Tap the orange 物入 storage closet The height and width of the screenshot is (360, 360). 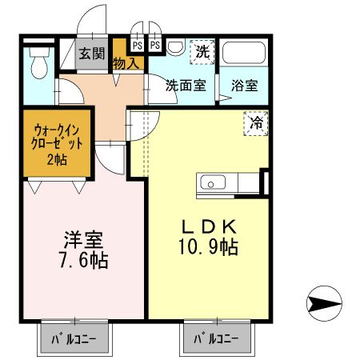coord(126,61)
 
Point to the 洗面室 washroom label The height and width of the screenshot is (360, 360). coord(186,85)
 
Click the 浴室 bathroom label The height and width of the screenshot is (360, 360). coord(244,85)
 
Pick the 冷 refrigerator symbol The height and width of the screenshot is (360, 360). coord(257,123)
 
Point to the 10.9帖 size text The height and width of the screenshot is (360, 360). coord(207,247)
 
